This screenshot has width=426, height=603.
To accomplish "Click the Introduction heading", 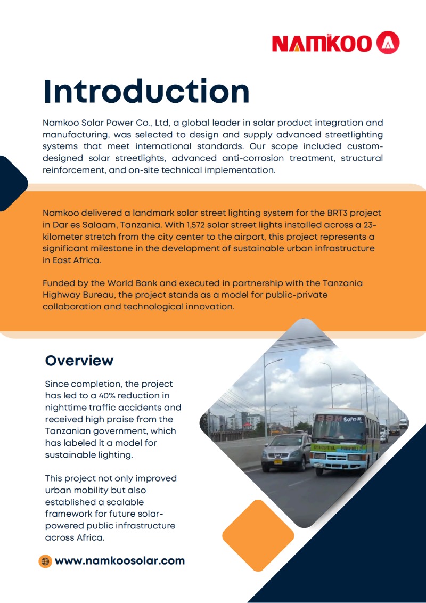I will pyautogui.click(x=146, y=92).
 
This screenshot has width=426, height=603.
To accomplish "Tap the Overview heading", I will pyautogui.click(x=79, y=361).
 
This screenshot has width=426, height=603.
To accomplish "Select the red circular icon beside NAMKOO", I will pyautogui.click(x=388, y=43).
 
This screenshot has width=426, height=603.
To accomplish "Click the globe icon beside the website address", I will pyautogui.click(x=45, y=561).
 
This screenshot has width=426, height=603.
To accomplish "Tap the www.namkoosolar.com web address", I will pyautogui.click(x=120, y=560).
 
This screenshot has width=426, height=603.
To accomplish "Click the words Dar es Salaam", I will pyautogui.click(x=86, y=224).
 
